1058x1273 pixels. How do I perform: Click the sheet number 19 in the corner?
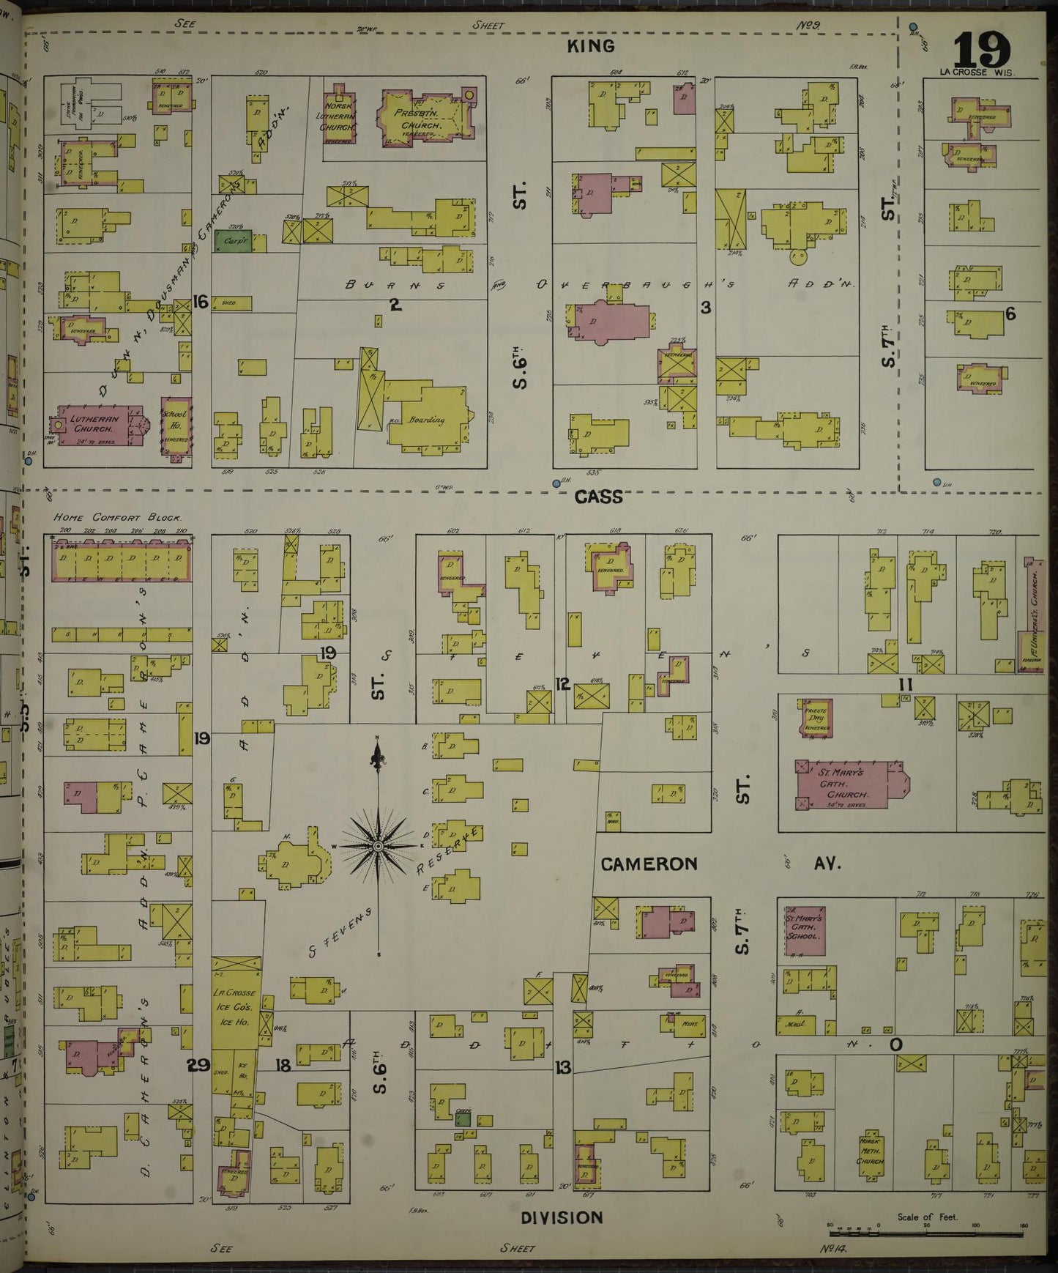tap(982, 50)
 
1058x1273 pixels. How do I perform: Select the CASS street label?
tap(598, 497)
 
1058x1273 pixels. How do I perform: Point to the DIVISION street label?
tap(562, 1217)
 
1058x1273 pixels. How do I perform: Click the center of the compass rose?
tap(378, 846)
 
